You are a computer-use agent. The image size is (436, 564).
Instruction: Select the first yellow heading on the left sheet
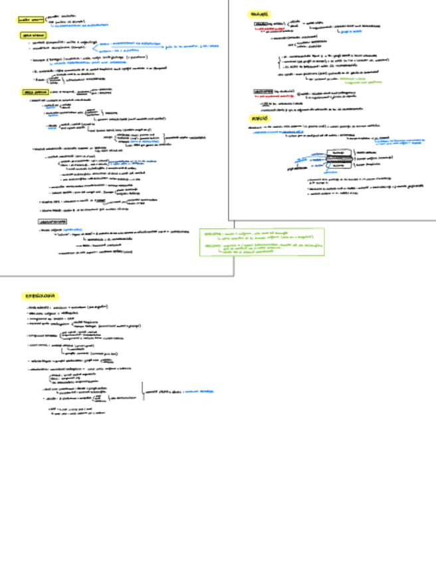(31, 20)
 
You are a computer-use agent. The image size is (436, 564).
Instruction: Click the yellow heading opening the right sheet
(258, 13)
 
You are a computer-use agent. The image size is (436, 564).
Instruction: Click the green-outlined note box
(263, 243)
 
